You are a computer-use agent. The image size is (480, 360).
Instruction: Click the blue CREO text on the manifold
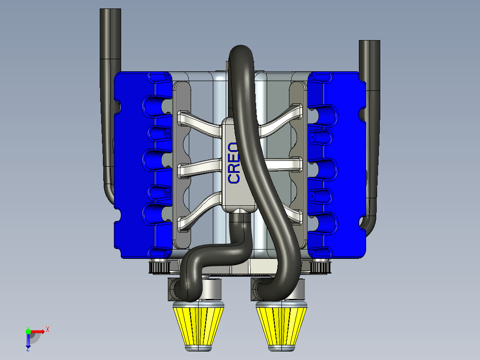click(x=234, y=164)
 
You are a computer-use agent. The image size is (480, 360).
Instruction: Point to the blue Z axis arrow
click(x=28, y=340)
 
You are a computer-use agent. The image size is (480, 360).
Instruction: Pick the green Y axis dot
click(x=28, y=331)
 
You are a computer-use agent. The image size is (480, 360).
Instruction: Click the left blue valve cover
click(x=143, y=165)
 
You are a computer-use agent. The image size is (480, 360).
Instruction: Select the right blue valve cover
click(x=337, y=165)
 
